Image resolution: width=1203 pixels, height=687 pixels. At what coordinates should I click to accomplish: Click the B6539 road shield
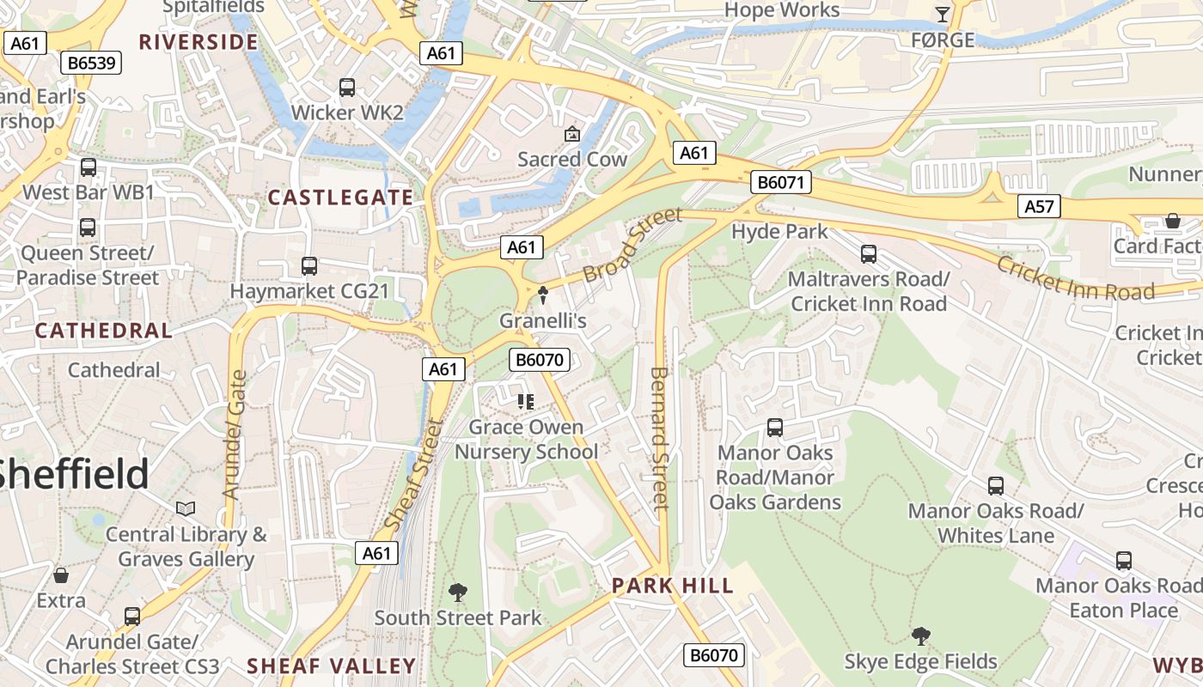pos(95,63)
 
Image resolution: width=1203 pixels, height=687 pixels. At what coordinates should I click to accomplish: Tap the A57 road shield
pos(1040,206)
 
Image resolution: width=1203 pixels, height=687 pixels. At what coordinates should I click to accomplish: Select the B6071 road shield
pos(780,182)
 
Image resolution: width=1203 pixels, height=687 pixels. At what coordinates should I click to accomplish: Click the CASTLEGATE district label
pos(341,198)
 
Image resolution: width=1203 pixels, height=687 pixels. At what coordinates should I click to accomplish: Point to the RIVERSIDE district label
pos(198,42)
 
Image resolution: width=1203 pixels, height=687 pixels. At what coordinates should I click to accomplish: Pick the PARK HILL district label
pos(673,586)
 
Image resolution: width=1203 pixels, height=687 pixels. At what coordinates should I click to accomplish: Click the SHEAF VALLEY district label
pos(332,666)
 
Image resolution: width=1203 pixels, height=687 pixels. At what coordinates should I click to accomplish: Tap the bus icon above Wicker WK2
pos(347,88)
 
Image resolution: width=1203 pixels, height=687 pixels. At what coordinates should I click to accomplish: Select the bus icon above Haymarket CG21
pos(309,266)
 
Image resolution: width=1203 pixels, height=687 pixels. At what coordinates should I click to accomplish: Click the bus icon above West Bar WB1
pos(89,167)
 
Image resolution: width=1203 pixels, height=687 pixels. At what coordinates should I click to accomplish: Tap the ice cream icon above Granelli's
pos(543,295)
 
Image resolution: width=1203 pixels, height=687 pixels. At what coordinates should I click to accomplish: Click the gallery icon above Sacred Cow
pos(571,134)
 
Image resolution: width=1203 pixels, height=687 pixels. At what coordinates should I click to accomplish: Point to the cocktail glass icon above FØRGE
pos(943,15)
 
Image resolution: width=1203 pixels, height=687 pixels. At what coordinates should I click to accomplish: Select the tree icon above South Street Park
pos(458,592)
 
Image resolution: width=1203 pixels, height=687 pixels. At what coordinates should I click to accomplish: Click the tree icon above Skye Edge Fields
pos(920,636)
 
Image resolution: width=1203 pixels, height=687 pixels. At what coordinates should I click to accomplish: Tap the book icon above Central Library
pos(186,509)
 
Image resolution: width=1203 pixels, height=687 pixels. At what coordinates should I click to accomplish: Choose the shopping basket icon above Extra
pos(61,575)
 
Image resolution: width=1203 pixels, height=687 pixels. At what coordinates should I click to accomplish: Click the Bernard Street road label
pos(659,438)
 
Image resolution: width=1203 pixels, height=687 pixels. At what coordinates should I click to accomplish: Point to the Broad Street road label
pos(632,244)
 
